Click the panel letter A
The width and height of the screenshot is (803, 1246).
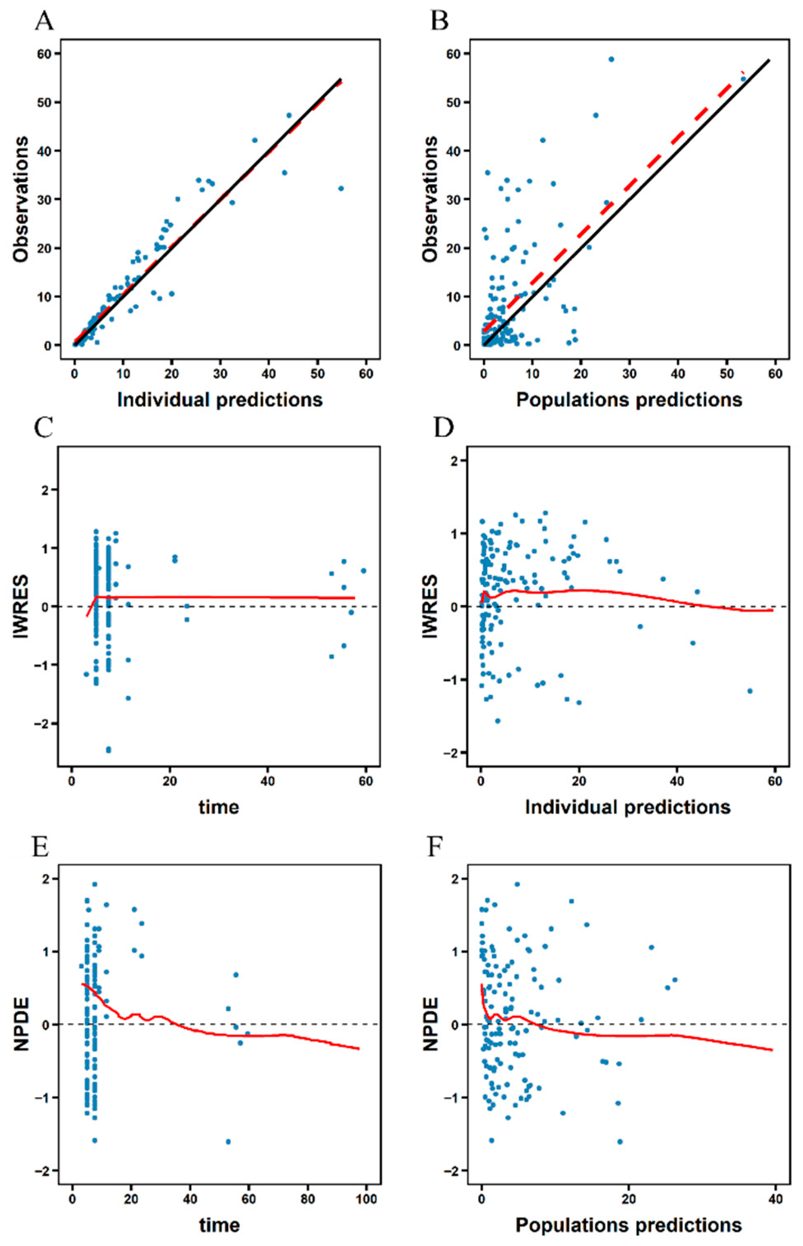45,21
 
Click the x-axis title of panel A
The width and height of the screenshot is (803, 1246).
220,399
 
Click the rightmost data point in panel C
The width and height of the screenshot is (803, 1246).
363,571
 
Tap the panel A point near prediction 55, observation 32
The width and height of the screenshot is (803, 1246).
341,189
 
